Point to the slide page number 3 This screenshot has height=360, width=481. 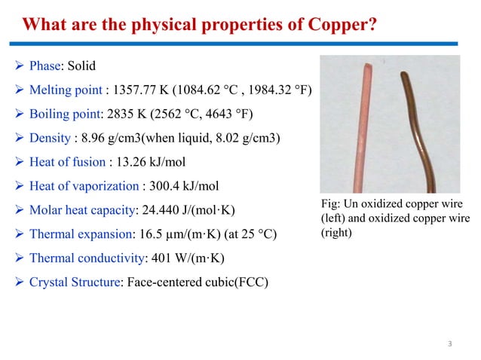coord(449,344)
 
